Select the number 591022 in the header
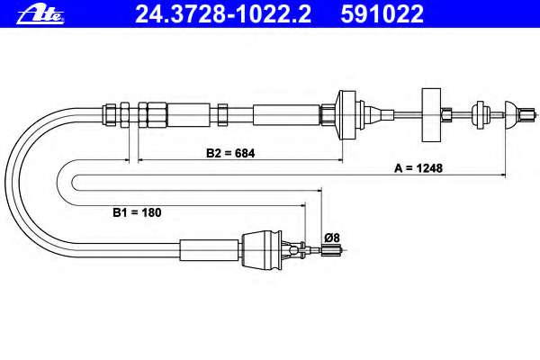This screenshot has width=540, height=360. [382, 13]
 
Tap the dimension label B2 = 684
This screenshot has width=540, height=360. [230, 153]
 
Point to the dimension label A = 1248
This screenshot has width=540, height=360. [418, 168]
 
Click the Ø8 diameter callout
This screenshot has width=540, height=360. [331, 238]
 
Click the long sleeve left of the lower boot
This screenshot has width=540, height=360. [208, 248]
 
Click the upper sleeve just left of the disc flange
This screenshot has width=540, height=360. [287, 113]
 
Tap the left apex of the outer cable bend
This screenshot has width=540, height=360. [8, 180]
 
